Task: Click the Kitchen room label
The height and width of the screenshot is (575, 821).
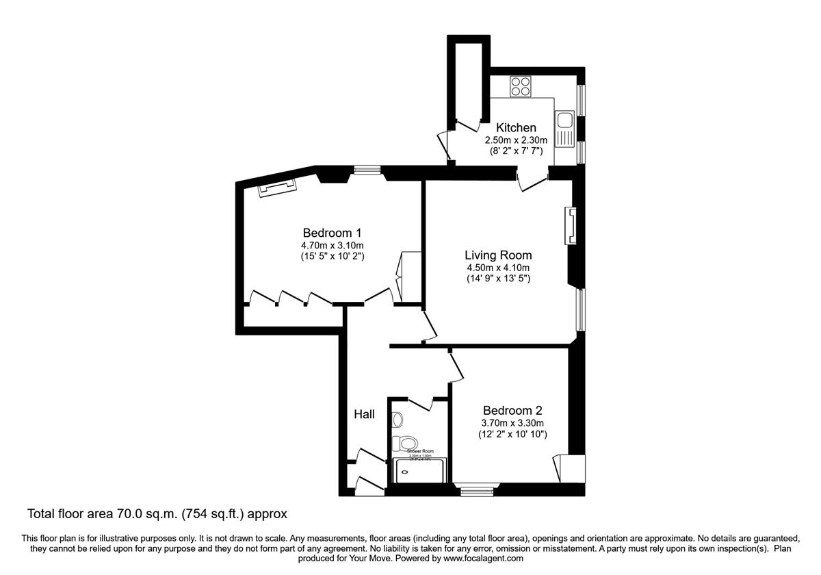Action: [516, 128]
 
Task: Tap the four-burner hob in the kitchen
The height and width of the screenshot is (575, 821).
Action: [521, 87]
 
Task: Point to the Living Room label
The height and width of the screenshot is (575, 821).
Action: [498, 255]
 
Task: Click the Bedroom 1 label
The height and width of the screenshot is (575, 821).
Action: [332, 233]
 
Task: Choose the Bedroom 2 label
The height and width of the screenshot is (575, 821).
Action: [512, 411]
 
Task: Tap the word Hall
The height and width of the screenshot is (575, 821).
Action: [364, 414]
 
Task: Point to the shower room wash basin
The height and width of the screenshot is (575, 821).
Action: [398, 419]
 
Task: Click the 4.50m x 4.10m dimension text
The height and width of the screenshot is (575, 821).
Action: [498, 268]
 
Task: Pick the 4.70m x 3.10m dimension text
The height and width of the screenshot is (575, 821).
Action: [332, 246]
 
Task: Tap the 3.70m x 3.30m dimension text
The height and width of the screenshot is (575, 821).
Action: [512, 423]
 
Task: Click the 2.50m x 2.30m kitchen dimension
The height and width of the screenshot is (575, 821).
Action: [516, 140]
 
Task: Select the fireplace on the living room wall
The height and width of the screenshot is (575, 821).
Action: [569, 226]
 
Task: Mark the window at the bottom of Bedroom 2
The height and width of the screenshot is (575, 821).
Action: [476, 489]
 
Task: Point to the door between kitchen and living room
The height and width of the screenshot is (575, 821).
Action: [532, 183]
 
